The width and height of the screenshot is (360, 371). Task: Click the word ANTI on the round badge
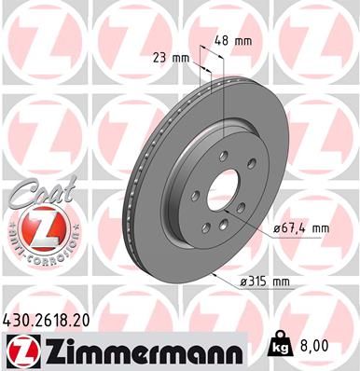click(16, 239)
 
